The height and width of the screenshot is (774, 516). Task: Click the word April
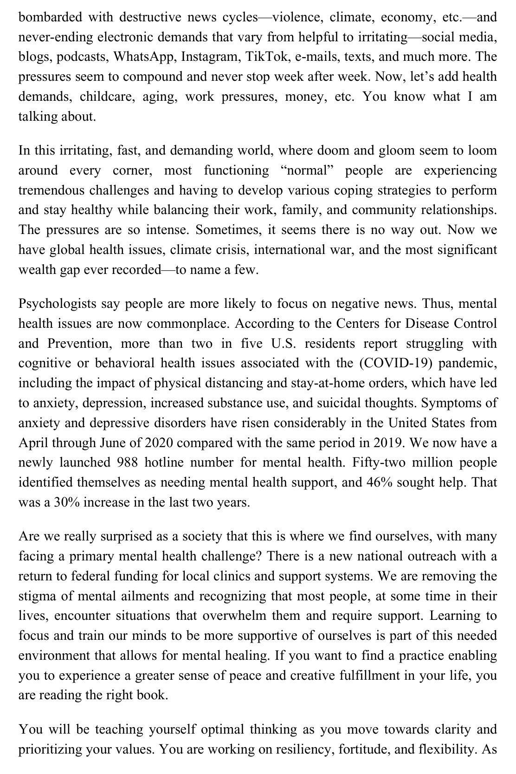[x=33, y=442]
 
